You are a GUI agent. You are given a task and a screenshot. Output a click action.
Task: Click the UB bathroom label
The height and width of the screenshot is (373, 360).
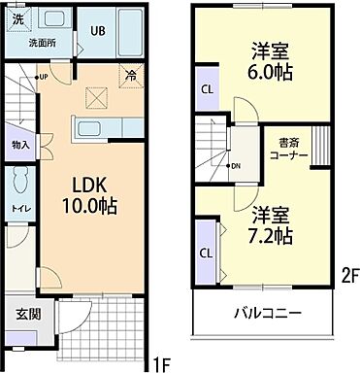98,30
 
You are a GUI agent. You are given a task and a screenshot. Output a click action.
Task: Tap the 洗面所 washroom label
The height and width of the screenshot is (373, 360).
42,43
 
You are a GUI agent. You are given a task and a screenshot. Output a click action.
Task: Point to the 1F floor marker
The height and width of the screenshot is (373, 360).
161,363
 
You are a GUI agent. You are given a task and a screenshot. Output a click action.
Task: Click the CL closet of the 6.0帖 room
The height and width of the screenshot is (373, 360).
206,89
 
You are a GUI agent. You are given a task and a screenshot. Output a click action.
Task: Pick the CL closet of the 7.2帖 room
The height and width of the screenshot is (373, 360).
206,253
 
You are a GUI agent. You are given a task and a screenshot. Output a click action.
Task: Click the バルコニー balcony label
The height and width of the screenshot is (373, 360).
265,313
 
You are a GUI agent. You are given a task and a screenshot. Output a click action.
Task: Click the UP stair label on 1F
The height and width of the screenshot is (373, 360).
44,77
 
